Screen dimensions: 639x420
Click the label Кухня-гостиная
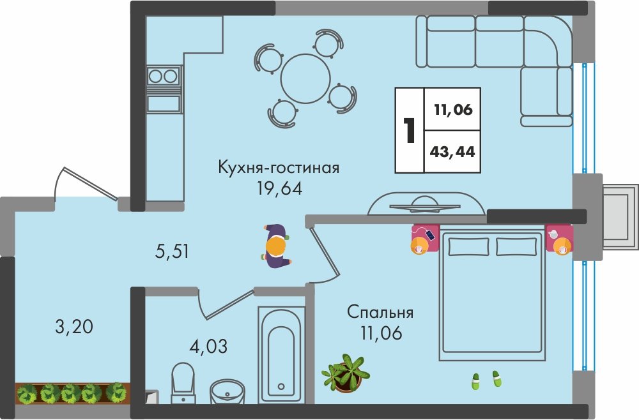(279, 168)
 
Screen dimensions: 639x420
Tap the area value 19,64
(280, 188)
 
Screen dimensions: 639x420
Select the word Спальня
(380, 312)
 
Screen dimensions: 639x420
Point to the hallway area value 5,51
(172, 251)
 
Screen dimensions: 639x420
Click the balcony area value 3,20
(73, 326)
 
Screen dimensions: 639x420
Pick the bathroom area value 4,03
(209, 346)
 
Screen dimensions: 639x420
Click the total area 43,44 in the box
(452, 151)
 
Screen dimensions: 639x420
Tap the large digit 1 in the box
(409, 131)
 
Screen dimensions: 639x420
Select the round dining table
(305, 79)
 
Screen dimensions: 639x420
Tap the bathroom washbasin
(227, 391)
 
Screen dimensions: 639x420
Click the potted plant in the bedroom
(346, 373)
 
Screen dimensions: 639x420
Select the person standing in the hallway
(276, 246)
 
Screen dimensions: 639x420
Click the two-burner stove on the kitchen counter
(164, 76)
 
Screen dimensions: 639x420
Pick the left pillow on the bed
(468, 247)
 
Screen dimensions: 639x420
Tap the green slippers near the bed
(486, 380)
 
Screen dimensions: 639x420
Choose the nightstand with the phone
(424, 239)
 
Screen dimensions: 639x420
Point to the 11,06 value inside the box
(453, 109)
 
